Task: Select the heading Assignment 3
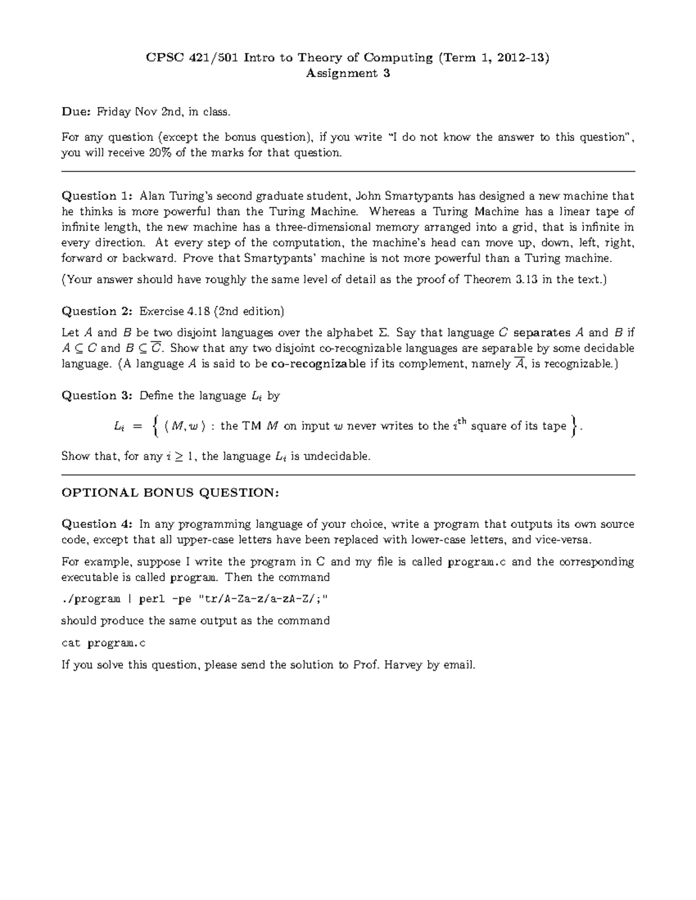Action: tap(347, 73)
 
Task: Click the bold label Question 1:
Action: tap(97, 196)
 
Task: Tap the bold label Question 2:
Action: tap(97, 311)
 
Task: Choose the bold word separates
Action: tap(542, 333)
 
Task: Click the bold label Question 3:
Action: tap(97, 396)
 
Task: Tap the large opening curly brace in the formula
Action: tap(154, 426)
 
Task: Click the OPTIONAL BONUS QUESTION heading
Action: tap(171, 493)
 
